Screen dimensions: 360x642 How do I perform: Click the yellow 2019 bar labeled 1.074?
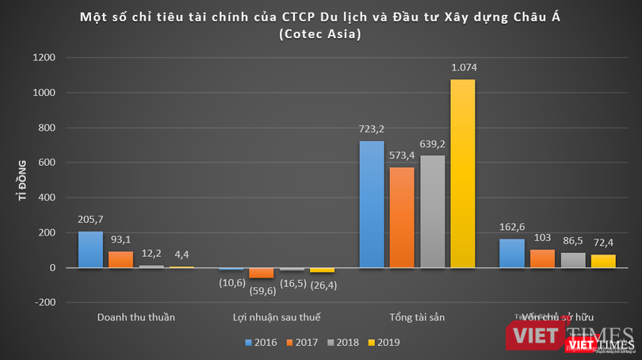point(463,173)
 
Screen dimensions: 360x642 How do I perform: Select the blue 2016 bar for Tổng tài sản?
point(372,204)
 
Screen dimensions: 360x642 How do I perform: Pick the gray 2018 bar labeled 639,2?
point(433,211)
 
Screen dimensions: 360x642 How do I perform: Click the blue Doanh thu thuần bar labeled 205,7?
point(90,249)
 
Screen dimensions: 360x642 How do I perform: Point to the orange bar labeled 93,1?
point(120,259)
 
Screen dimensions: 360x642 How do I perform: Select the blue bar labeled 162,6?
point(512,253)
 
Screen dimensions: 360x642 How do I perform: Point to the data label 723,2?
point(372,130)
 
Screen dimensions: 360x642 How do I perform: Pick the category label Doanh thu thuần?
point(136,317)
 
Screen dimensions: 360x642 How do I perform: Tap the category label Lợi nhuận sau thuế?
point(277,317)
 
